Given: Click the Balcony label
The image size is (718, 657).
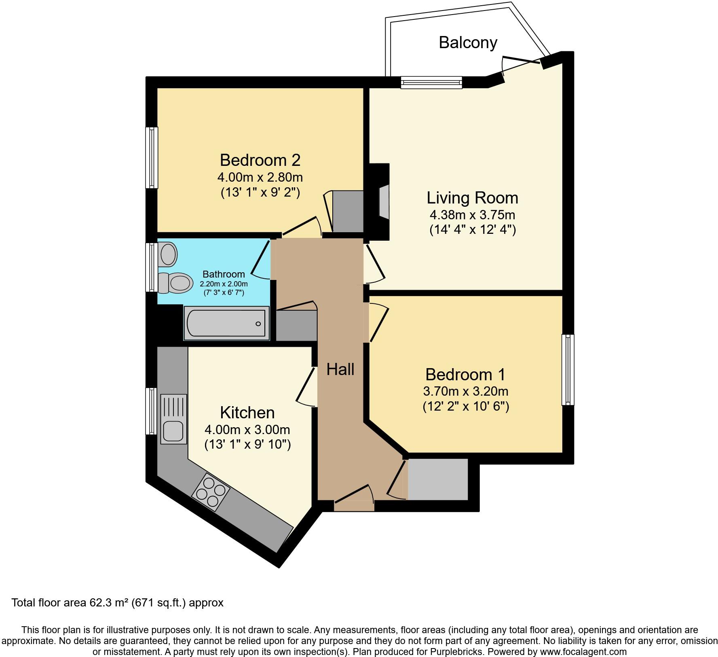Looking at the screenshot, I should (x=468, y=42).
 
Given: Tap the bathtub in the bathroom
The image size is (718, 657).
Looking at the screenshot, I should (x=227, y=323).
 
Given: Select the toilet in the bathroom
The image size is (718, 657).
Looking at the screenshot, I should (x=175, y=282).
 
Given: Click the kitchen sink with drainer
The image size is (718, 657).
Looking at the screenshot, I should (x=174, y=419).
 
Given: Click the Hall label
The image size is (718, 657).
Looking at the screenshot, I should (x=340, y=369).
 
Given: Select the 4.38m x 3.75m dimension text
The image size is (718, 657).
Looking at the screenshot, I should (x=472, y=214).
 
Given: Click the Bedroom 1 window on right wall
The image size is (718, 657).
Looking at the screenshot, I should (x=568, y=369).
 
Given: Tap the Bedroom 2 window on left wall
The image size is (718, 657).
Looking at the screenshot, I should (x=152, y=157).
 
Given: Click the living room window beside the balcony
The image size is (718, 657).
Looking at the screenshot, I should (x=431, y=83).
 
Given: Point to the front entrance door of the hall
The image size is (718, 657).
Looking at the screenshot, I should (x=354, y=504).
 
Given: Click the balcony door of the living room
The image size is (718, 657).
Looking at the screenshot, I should (x=522, y=61).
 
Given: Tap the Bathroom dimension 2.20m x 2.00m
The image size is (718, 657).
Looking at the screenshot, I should (x=224, y=284).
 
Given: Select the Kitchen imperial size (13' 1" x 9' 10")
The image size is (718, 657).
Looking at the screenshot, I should (x=247, y=445).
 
